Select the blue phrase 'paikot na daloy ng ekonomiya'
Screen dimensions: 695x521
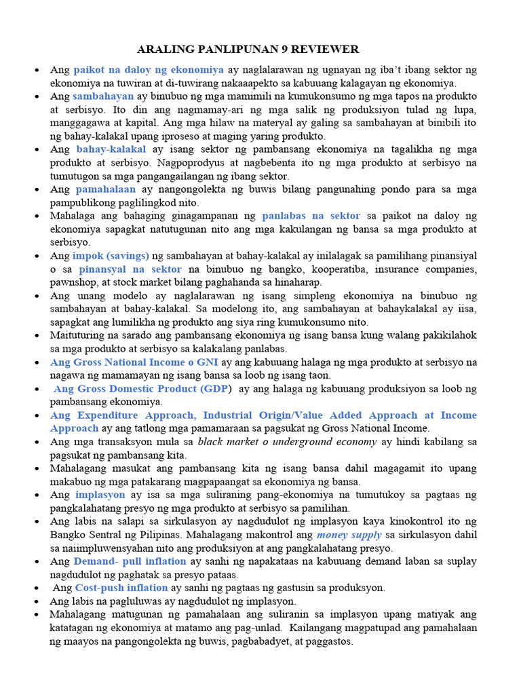pos(149,69)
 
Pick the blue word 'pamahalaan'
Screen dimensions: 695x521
pos(106,189)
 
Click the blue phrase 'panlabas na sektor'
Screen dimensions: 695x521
pos(311,215)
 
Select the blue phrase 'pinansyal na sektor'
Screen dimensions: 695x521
pos(130,269)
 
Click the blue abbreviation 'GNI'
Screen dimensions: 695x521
pos(205,362)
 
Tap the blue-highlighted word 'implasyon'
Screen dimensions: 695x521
pos(100,495)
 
